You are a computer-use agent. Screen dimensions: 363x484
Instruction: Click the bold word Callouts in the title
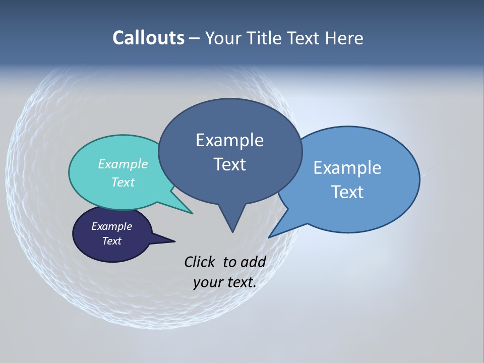click(148, 38)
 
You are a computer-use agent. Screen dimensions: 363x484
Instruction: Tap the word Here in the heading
click(345, 38)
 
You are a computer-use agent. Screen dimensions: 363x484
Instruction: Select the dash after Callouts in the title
click(195, 38)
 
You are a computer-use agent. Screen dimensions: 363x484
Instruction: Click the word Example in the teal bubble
click(123, 164)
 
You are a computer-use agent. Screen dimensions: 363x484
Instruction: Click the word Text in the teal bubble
click(123, 182)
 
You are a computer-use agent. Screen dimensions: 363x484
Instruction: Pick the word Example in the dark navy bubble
click(111, 226)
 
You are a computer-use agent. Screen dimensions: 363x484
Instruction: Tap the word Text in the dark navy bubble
click(111, 241)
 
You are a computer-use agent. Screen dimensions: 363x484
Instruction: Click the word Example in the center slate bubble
click(229, 140)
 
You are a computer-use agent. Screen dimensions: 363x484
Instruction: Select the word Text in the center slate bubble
click(229, 164)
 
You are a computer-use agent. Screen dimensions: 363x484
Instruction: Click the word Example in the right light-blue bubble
click(347, 167)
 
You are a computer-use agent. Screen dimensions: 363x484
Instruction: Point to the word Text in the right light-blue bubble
click(347, 192)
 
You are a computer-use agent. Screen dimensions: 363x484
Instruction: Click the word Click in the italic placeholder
click(200, 262)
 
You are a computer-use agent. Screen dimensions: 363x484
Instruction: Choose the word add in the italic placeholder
click(253, 262)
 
